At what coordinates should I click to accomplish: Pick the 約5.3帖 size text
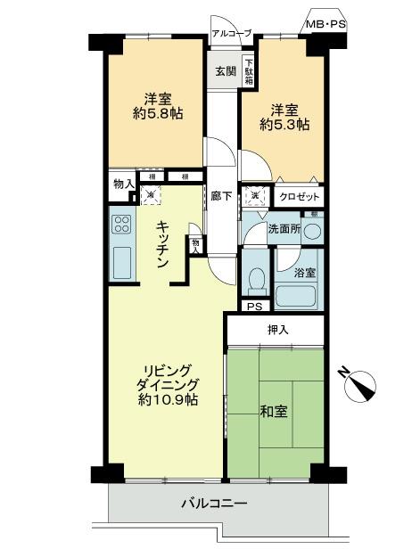(x=284, y=126)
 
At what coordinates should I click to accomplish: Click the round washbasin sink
(x=312, y=230)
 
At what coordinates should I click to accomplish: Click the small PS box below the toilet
(x=255, y=307)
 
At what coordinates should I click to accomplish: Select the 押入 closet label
(x=278, y=330)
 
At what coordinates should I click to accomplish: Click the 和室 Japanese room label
(x=273, y=414)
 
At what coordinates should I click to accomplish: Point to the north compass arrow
(x=362, y=385)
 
